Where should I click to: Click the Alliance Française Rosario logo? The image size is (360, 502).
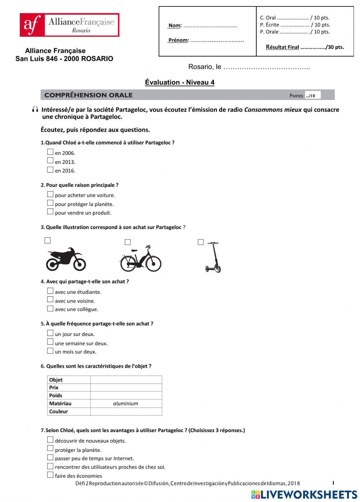[x=69, y=25]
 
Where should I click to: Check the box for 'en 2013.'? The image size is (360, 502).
[x=50, y=161]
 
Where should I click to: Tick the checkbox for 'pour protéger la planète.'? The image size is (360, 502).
[x=50, y=203]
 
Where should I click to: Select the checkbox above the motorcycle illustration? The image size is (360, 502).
[x=48, y=240]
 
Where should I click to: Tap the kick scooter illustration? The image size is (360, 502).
[x=213, y=257]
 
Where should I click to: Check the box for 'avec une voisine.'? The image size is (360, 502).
[x=50, y=300]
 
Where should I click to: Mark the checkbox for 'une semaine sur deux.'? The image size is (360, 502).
[x=50, y=342]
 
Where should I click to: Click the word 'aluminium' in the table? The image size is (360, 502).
[x=126, y=403]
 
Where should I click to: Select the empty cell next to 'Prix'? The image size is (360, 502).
[x=126, y=387]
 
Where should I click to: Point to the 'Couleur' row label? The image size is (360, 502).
[x=58, y=411]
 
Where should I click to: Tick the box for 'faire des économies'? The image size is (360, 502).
[x=50, y=475]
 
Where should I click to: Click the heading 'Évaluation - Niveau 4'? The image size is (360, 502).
[x=180, y=82]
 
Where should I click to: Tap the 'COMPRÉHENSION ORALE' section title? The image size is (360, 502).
[x=89, y=95]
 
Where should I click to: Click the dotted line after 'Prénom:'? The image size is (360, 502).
[x=217, y=40]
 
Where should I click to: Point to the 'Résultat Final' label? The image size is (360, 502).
[x=282, y=47]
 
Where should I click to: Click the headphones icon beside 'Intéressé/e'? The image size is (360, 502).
[x=35, y=109]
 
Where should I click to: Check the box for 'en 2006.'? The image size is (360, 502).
[x=50, y=152]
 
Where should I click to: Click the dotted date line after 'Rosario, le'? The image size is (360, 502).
[x=266, y=67]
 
